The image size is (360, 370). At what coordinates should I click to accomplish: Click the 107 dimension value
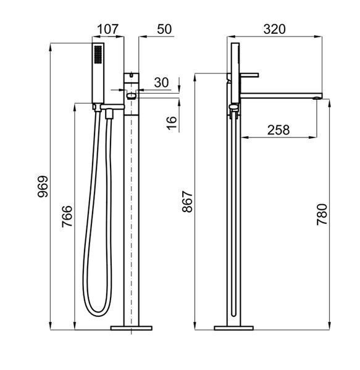coord(107,29)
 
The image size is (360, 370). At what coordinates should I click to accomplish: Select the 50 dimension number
coord(164,29)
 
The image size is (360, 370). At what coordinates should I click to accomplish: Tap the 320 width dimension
coord(275,29)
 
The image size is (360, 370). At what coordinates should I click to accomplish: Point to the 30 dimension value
coord(162,83)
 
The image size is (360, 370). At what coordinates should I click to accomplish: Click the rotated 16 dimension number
coord(172,123)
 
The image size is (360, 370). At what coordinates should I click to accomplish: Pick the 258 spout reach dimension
coord(278,130)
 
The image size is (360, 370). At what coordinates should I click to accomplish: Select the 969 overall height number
coord(43,186)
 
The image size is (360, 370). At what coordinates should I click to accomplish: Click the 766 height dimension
coord(67,216)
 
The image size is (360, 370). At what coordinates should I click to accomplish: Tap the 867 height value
coord(188,202)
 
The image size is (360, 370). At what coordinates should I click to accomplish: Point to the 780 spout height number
coord(322,215)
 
